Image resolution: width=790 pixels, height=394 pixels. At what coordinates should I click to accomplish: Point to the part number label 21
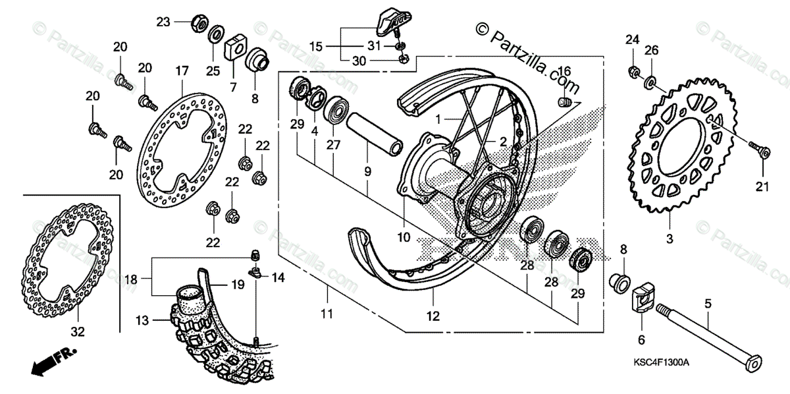click(x=762, y=188)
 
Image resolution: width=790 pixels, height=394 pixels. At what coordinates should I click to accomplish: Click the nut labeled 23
click(x=197, y=24)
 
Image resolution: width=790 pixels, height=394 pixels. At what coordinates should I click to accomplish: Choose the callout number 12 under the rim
click(x=432, y=316)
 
